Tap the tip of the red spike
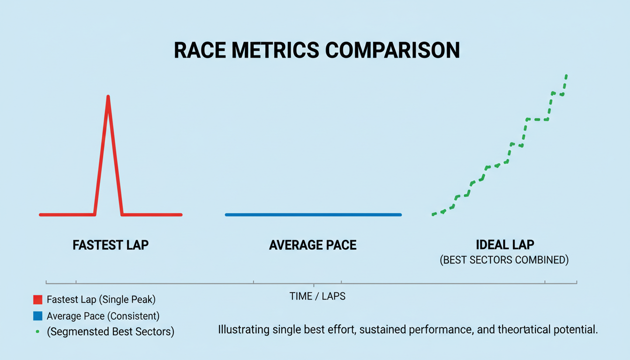point(108,97)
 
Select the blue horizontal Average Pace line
point(313,215)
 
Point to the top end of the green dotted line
point(566,75)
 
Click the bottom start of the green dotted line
point(433,214)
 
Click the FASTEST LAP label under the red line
point(111,245)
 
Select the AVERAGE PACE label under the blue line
point(313,245)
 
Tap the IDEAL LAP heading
point(504,245)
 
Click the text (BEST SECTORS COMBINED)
point(504,260)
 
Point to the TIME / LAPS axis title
point(317,296)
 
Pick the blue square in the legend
point(38,315)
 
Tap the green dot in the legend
point(37,331)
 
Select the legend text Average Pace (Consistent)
point(103,315)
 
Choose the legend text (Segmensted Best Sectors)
point(111,331)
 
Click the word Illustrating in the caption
point(244,330)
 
